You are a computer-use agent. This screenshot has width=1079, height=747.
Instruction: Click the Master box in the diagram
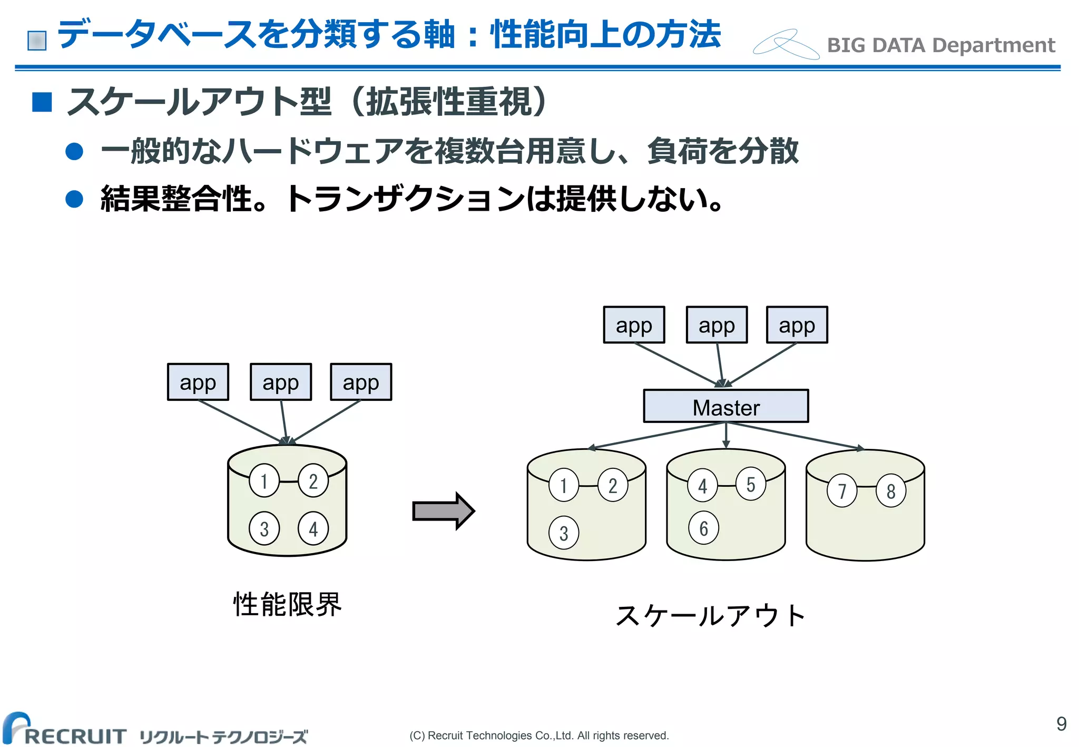(725, 406)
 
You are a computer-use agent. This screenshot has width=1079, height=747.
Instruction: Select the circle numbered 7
(842, 491)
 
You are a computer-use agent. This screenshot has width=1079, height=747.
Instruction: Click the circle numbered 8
(890, 491)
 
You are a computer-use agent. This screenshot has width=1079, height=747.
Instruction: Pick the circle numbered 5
(750, 484)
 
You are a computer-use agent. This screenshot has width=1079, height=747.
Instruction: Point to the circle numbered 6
(703, 528)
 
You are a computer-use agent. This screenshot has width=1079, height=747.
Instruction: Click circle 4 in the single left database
(313, 528)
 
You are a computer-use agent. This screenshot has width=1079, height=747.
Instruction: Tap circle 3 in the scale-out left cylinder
(563, 533)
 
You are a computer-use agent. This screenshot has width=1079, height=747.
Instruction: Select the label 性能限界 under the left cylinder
(288, 604)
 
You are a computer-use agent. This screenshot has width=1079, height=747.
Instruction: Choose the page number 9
(1061, 724)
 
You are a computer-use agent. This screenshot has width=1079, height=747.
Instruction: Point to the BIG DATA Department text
(940, 45)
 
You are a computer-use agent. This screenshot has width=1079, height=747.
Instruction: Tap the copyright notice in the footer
(539, 735)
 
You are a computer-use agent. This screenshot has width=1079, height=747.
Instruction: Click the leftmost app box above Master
(634, 325)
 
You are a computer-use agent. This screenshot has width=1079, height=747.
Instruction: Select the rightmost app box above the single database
(361, 382)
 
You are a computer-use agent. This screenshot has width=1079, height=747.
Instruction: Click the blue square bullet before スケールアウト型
(42, 102)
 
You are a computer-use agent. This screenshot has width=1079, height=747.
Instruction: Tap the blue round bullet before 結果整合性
(74, 199)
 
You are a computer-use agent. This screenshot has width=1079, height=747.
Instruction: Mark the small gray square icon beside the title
(37, 41)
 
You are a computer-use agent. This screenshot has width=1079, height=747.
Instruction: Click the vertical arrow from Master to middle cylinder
(726, 435)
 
